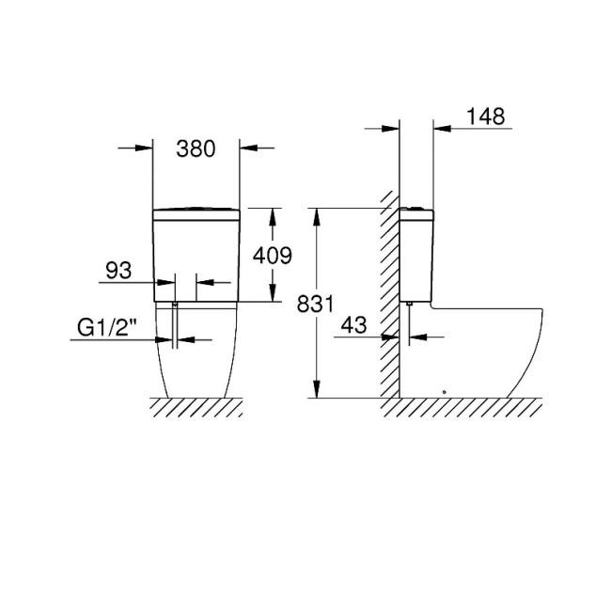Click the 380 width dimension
pos(196,148)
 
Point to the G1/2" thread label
pos(107,329)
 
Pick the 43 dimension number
pos(353,324)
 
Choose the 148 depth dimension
pos(484,117)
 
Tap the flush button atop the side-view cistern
pos(416,206)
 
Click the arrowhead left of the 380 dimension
pos(144,148)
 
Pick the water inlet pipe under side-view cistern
pos(410,319)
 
